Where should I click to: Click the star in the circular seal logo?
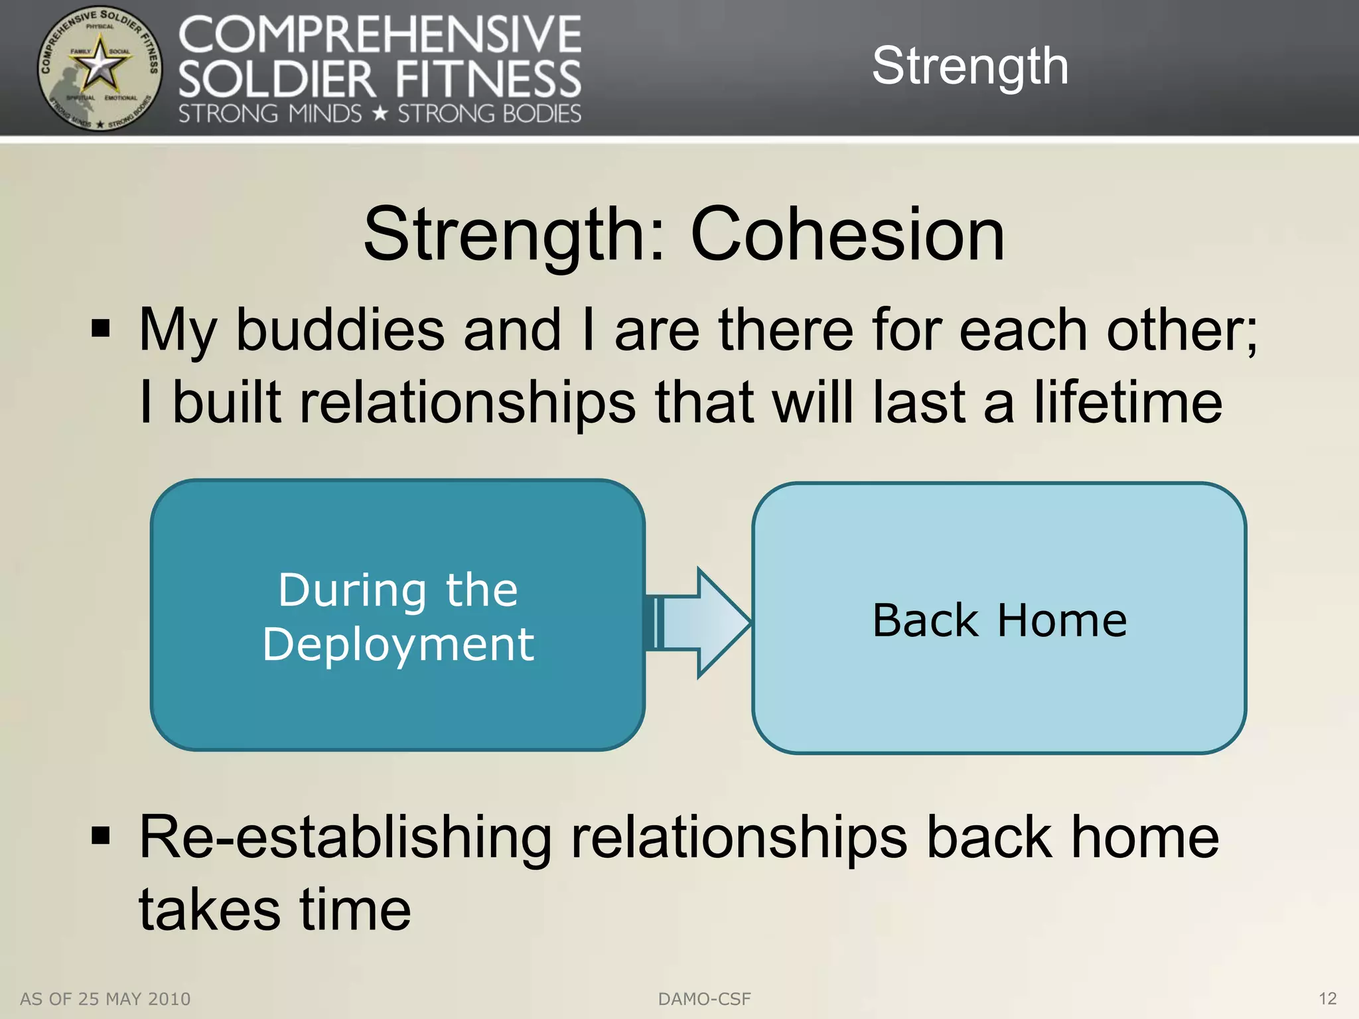(99, 66)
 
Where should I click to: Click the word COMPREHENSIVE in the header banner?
(380, 36)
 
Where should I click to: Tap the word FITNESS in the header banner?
(488, 80)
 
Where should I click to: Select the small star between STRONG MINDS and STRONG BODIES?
(380, 114)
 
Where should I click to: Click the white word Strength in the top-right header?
(969, 66)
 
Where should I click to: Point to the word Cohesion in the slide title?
(847, 235)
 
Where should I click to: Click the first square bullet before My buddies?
(100, 328)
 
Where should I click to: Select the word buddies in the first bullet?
(340, 330)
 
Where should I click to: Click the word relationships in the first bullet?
(467, 403)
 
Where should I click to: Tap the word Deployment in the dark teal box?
(397, 645)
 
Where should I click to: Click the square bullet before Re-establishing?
(100, 835)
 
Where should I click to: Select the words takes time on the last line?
(275, 910)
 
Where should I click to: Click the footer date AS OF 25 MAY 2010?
(106, 999)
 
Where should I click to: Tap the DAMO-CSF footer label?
(704, 999)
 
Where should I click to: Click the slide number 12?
(1327, 998)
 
